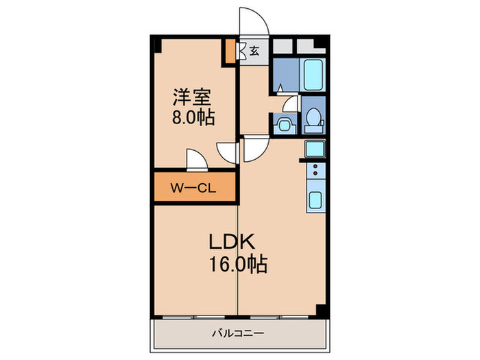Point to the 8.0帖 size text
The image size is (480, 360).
193,117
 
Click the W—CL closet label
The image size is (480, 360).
194,188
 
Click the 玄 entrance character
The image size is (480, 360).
254,50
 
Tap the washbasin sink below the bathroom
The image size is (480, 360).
283,125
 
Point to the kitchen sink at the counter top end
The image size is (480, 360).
315,149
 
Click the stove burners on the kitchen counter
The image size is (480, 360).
315,171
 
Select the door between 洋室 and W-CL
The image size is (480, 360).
195,160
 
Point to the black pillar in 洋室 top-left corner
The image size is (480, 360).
156,45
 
